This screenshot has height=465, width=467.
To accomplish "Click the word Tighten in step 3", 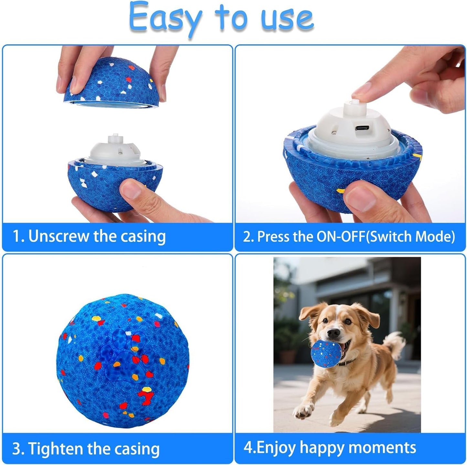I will [x=55, y=449].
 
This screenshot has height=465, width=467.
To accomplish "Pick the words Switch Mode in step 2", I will [x=412, y=237].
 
